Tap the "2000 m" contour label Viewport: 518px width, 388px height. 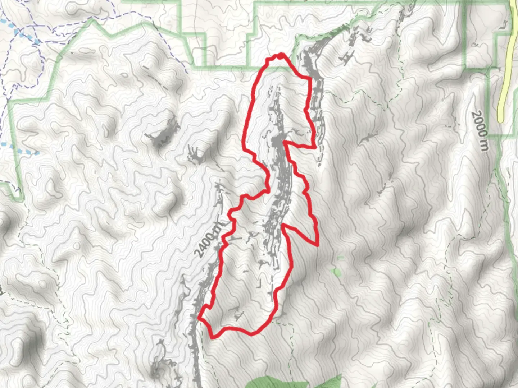point(480,131)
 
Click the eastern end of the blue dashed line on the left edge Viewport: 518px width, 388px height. point(37,153)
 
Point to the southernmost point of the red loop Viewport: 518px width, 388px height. point(212,337)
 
